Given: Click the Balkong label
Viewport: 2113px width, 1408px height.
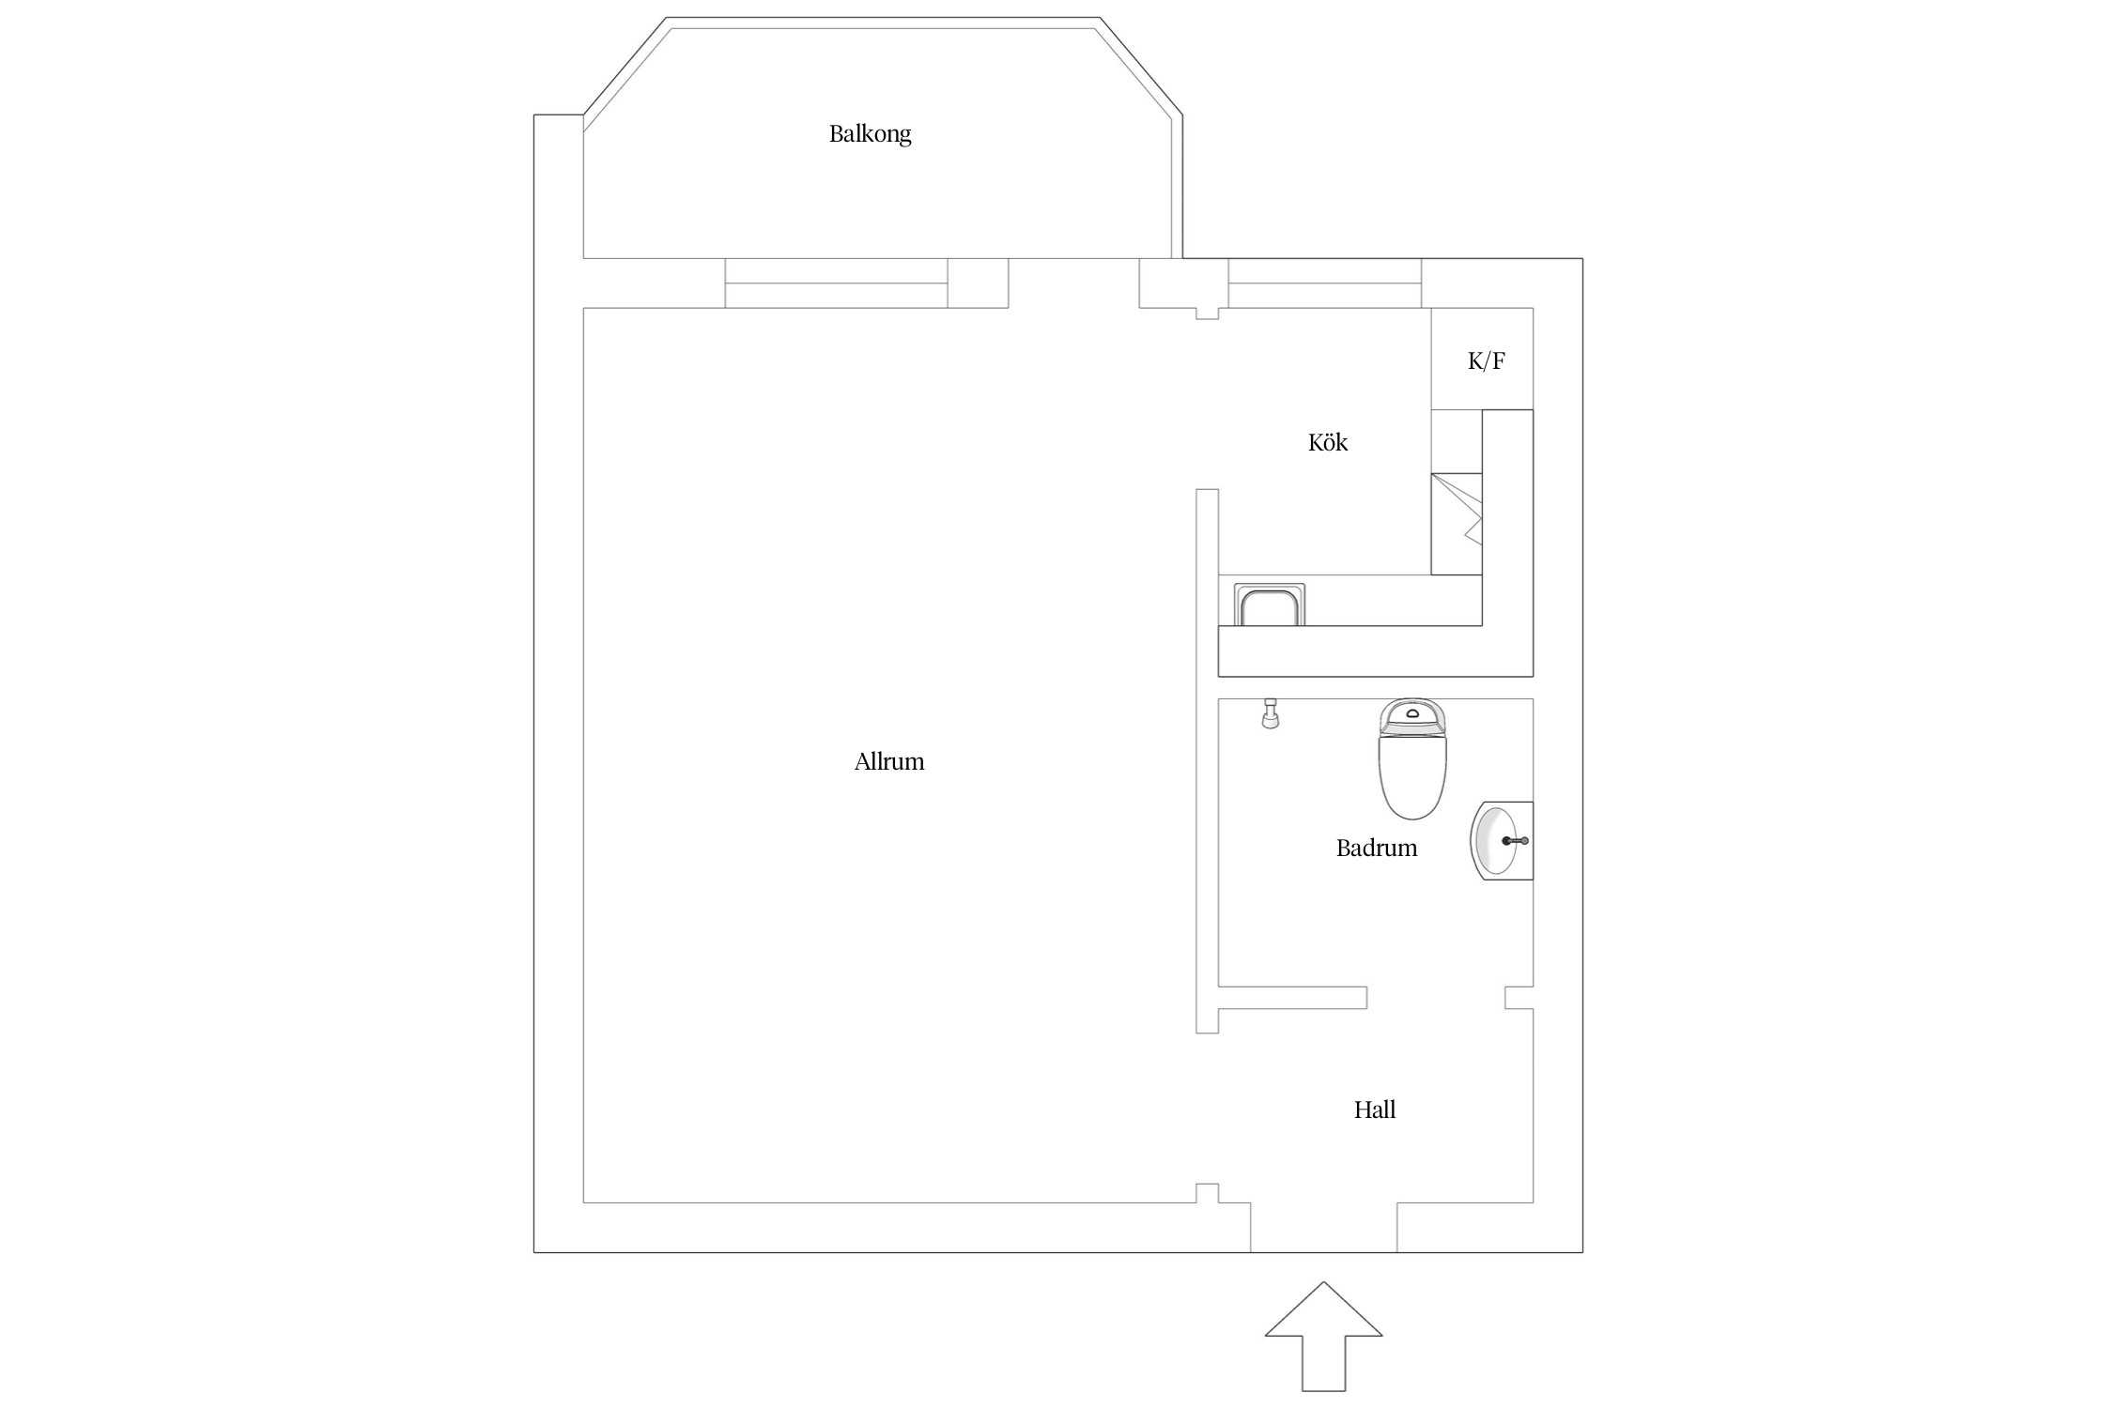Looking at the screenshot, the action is point(870,134).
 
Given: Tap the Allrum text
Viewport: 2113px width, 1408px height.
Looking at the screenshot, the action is point(889,761).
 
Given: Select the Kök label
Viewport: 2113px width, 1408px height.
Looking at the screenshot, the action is point(1328,442).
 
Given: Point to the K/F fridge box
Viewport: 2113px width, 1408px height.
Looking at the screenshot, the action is point(1482,359).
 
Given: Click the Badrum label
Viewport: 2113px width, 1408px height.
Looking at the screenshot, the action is point(1377,848).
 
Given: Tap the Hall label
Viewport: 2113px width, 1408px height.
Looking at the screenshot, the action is point(1375,1110).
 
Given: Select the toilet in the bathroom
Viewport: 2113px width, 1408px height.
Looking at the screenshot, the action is point(1412,758).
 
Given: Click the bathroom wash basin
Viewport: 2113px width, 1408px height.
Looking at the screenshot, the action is point(1501,841).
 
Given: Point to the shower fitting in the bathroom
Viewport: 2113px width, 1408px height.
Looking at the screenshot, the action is point(1271,713).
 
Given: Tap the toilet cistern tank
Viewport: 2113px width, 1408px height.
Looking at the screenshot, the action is point(1412,716).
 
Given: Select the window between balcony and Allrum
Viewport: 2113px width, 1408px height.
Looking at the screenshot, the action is point(836,283).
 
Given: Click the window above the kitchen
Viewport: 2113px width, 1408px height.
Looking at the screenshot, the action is point(1325,283).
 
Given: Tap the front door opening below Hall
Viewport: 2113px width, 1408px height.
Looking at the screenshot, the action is point(1323,1228).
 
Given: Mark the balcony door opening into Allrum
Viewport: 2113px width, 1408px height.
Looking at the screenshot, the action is point(1073,283).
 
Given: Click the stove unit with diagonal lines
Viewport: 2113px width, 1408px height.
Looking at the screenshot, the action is point(1457,524).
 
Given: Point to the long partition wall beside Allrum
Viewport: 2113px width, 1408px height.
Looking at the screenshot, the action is point(1207,761).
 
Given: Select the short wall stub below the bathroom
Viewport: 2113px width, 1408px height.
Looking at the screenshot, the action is point(1292,998).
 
